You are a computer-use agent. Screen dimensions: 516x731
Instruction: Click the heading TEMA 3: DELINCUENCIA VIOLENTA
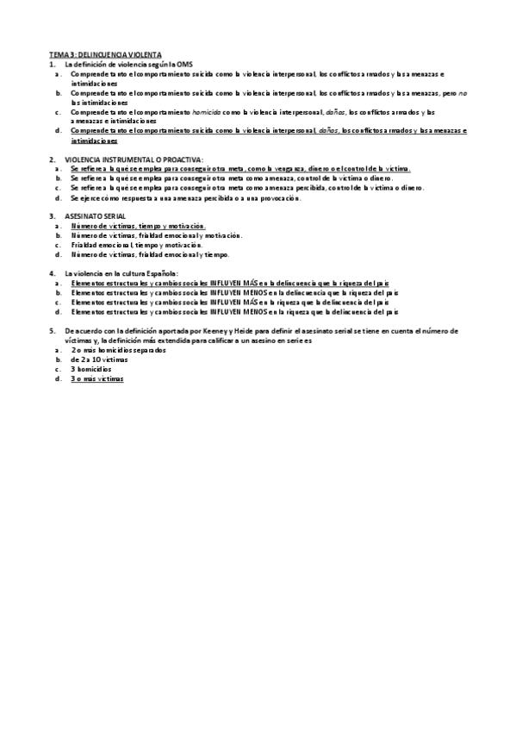click(x=104, y=53)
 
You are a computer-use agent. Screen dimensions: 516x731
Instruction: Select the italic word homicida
click(x=204, y=112)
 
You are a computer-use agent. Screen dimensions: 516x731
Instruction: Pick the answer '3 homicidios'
click(x=91, y=369)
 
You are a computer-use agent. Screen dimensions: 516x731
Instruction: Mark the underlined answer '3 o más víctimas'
click(x=97, y=378)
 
